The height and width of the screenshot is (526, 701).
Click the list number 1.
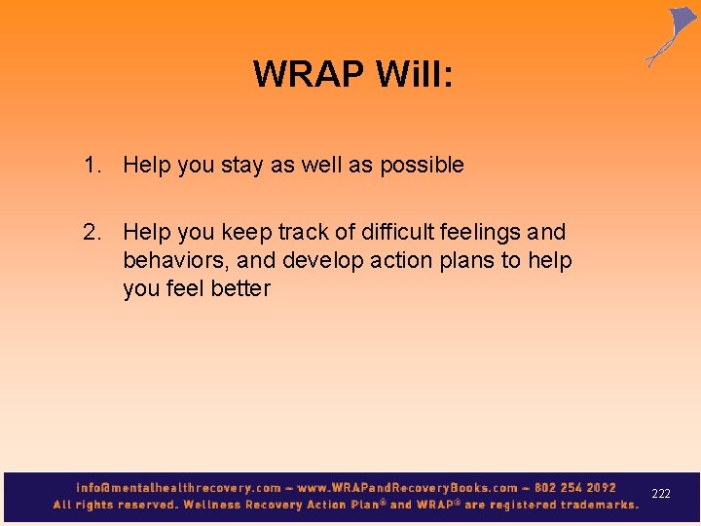point(92,166)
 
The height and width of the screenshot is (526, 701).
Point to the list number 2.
point(92,233)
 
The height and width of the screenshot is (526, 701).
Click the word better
point(240,289)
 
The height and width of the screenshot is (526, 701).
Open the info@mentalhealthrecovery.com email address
point(178,487)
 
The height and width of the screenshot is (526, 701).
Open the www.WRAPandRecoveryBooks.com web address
point(409,487)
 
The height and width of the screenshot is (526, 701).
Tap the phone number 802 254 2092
point(575,487)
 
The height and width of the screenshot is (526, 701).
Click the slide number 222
point(661,495)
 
